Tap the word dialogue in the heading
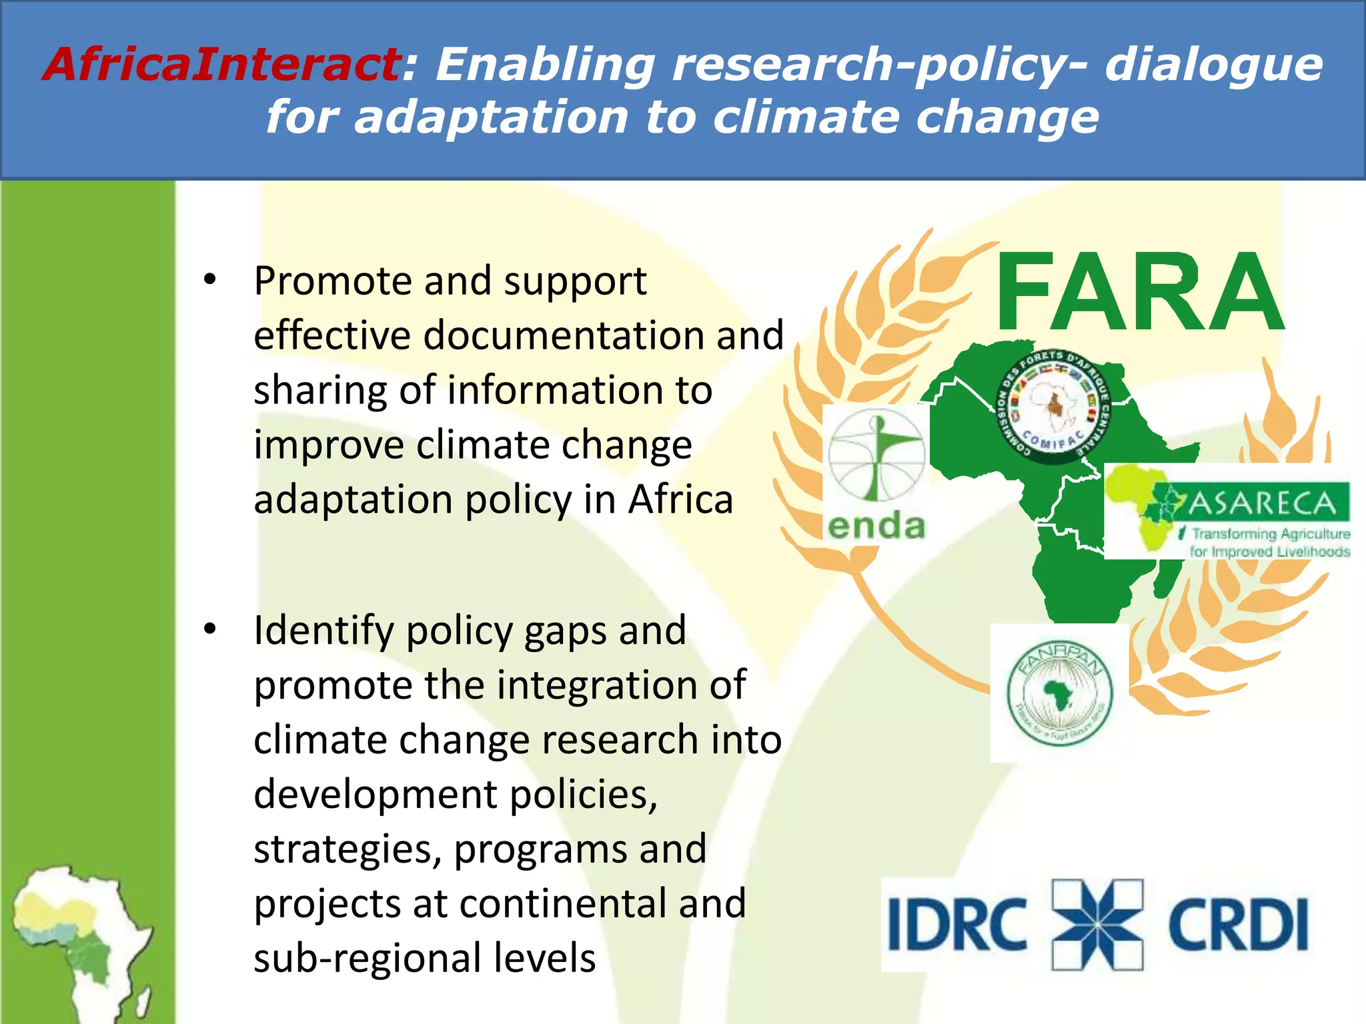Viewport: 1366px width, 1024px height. click(1214, 65)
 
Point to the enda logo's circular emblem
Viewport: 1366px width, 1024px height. click(876, 455)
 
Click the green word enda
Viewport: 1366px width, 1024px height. click(876, 526)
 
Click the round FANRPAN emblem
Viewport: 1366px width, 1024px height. click(1059, 693)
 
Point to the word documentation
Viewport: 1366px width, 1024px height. click(564, 335)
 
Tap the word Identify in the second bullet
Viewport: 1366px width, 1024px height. click(323, 631)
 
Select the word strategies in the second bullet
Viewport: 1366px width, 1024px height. click(347, 850)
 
